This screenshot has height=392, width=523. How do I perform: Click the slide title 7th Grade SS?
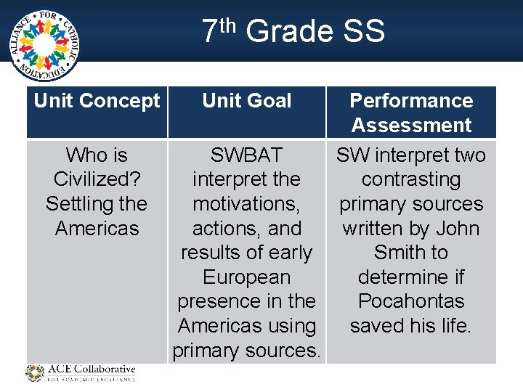(x=292, y=32)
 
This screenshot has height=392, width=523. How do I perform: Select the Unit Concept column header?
(x=97, y=101)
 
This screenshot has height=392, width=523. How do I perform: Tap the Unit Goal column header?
(x=247, y=101)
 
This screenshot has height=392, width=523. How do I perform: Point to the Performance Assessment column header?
(x=411, y=113)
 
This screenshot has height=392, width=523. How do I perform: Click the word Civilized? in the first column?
(x=96, y=179)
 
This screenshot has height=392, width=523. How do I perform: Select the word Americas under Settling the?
(x=97, y=229)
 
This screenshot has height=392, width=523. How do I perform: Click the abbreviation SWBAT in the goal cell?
(x=246, y=155)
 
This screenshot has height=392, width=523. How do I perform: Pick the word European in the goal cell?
(x=246, y=277)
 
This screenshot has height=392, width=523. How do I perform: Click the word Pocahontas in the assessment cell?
(x=411, y=301)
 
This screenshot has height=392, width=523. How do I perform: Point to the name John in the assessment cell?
(x=456, y=229)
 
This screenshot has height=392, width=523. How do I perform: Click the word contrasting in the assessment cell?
(x=411, y=179)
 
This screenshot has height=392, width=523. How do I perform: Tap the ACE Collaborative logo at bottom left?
(x=81, y=373)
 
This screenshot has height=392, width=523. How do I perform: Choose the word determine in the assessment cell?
(x=411, y=277)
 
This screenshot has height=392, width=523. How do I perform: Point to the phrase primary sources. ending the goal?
(x=246, y=351)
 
